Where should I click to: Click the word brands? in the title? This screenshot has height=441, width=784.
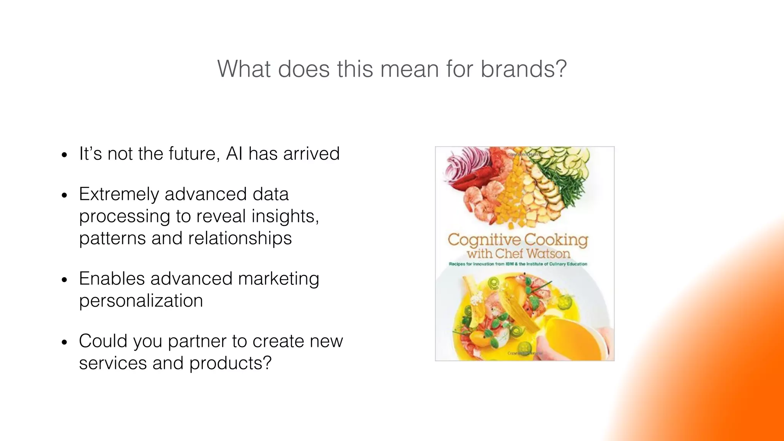tap(523, 69)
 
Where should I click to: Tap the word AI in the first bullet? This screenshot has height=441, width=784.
tap(234, 154)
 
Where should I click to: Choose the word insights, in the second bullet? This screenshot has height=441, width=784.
tap(285, 216)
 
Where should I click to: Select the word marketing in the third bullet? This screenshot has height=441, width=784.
tap(278, 279)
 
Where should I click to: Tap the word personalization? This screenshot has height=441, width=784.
tap(141, 301)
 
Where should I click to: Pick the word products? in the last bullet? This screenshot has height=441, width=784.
tap(230, 363)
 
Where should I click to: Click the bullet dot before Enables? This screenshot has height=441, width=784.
tap(64, 280)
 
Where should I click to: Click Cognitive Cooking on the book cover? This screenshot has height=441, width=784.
tap(518, 240)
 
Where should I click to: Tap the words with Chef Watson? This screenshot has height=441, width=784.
tap(518, 253)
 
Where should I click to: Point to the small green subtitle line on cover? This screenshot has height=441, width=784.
tap(518, 264)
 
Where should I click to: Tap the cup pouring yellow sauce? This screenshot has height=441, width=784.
tap(570, 329)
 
